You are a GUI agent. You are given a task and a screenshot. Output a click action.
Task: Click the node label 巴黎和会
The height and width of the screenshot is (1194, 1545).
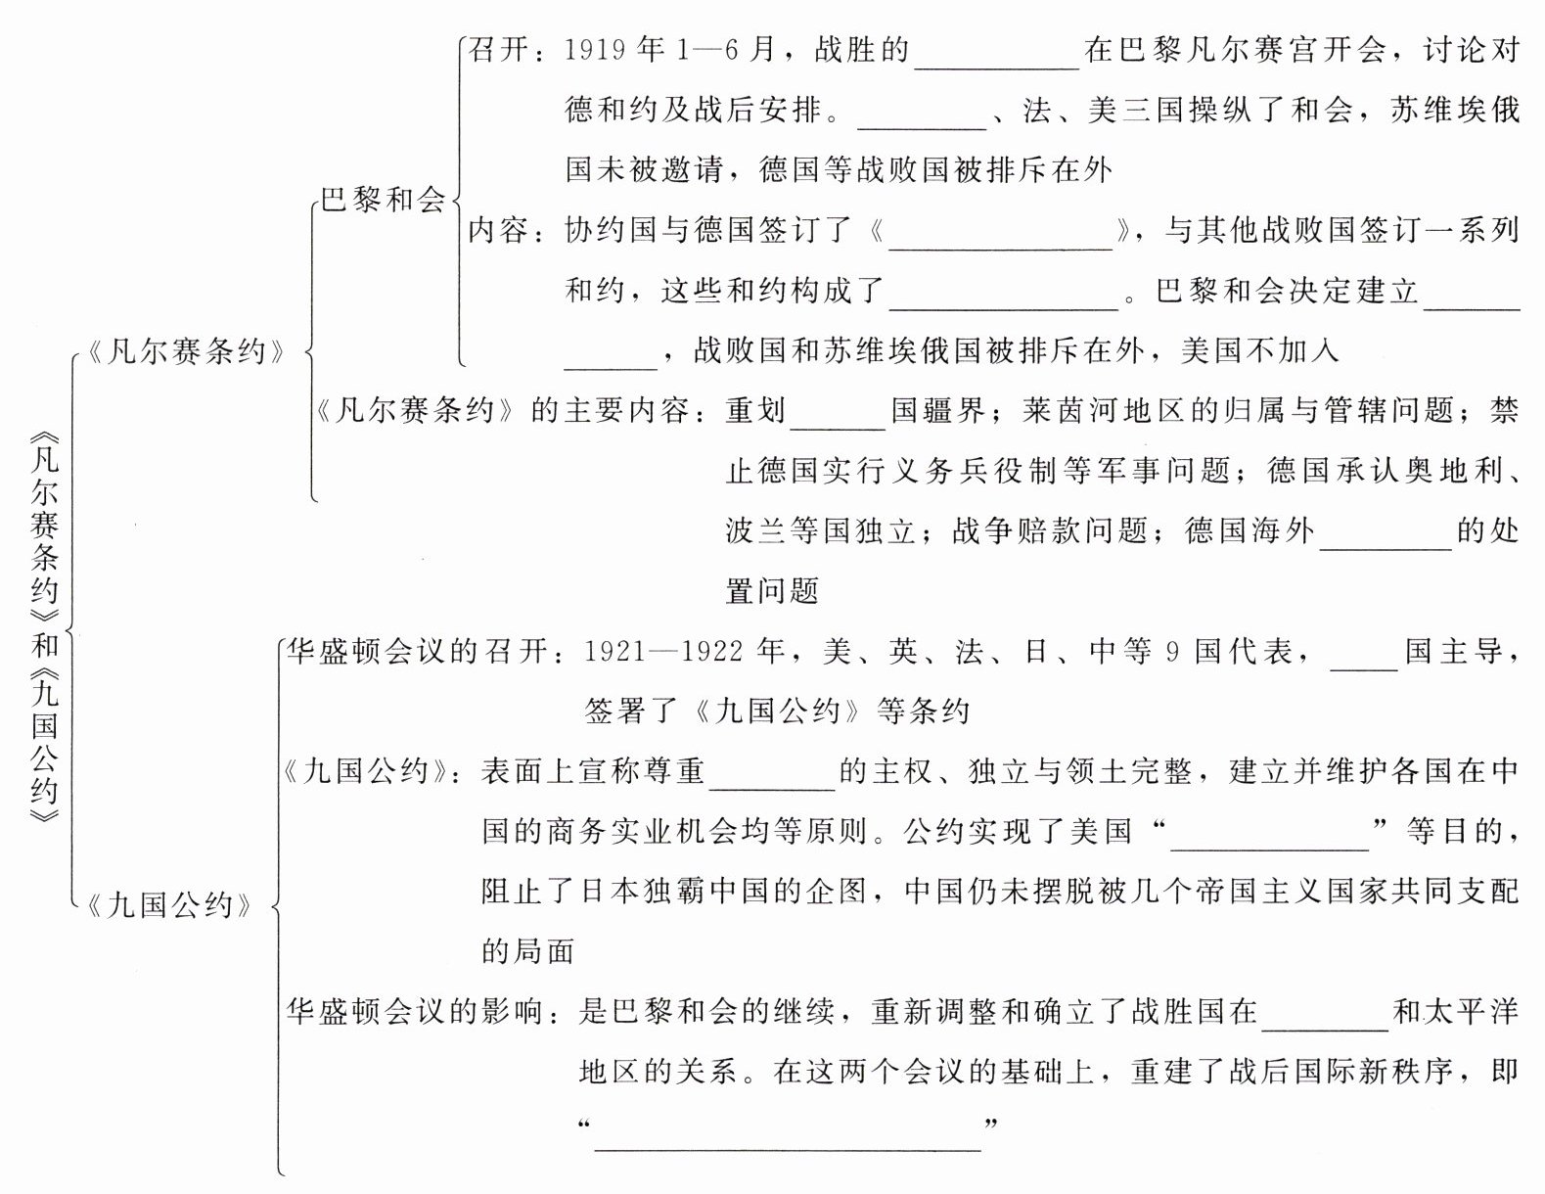click(384, 200)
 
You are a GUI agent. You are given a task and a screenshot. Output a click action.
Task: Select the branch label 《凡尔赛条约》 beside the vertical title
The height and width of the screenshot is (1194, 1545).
click(187, 350)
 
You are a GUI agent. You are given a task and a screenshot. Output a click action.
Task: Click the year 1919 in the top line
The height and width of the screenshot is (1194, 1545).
click(596, 50)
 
